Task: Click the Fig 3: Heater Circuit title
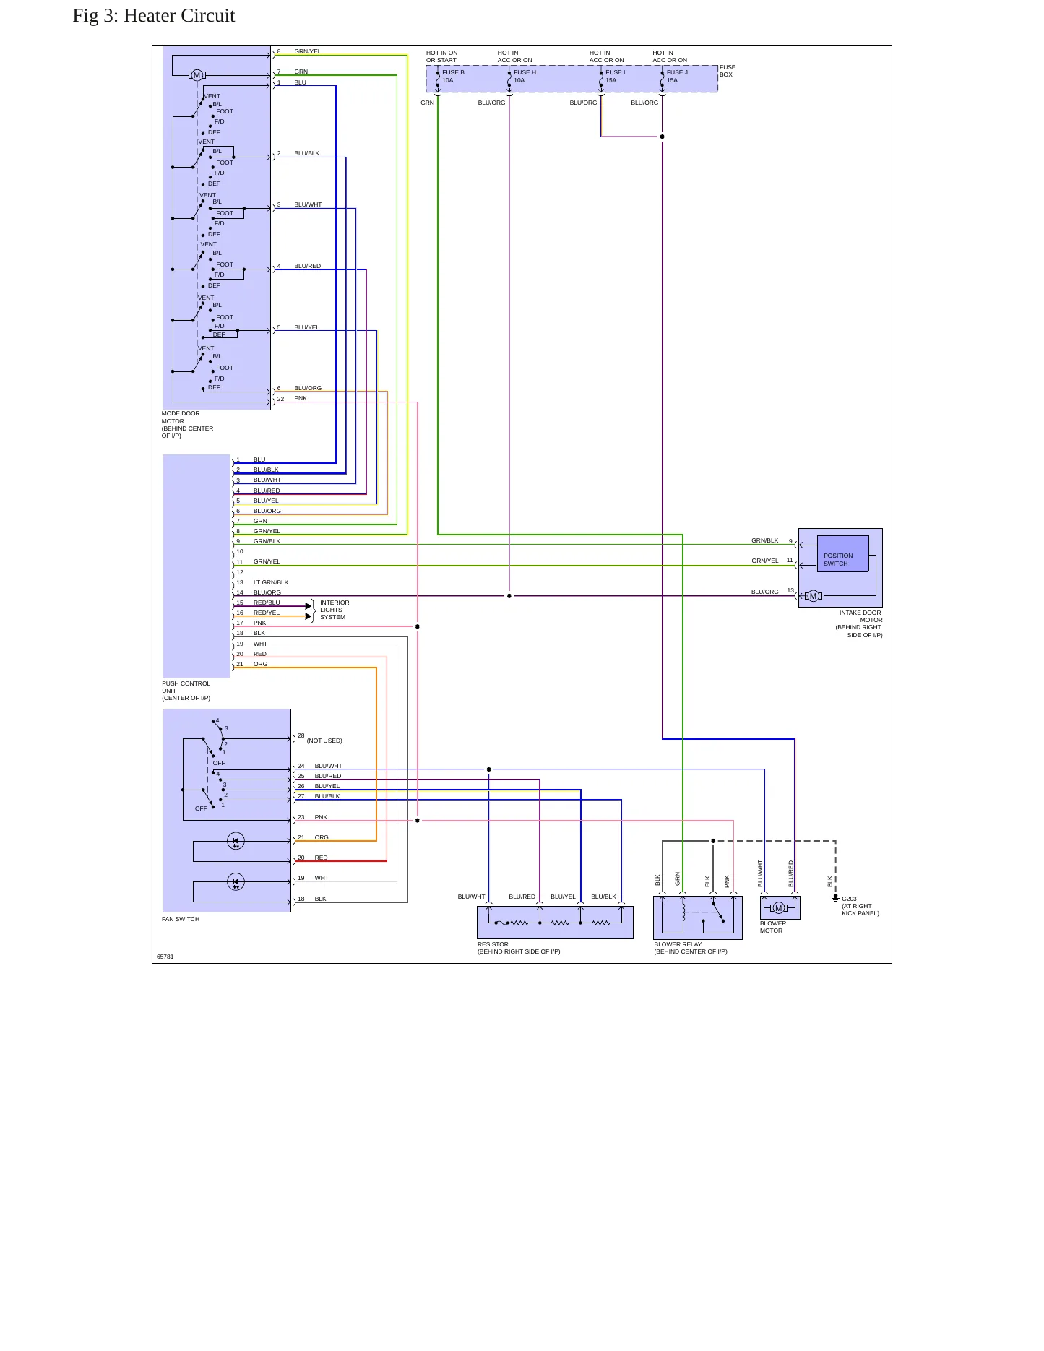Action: point(154,16)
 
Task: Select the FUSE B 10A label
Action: point(453,77)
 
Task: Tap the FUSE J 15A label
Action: point(677,77)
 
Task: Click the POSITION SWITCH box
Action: point(842,554)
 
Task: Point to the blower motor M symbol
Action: point(778,908)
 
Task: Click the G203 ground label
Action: point(860,906)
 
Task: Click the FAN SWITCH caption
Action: point(181,919)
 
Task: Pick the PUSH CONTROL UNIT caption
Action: point(186,691)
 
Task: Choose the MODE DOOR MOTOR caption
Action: point(188,425)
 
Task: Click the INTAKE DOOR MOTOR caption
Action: point(859,624)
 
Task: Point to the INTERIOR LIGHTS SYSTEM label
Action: point(335,610)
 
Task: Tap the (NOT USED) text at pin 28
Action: point(324,741)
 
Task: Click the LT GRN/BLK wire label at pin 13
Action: point(271,582)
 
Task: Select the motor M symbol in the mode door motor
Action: point(197,75)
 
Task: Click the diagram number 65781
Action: point(165,957)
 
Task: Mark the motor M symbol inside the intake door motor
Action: point(813,596)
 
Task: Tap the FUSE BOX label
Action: point(728,71)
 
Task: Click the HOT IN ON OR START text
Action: point(442,56)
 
